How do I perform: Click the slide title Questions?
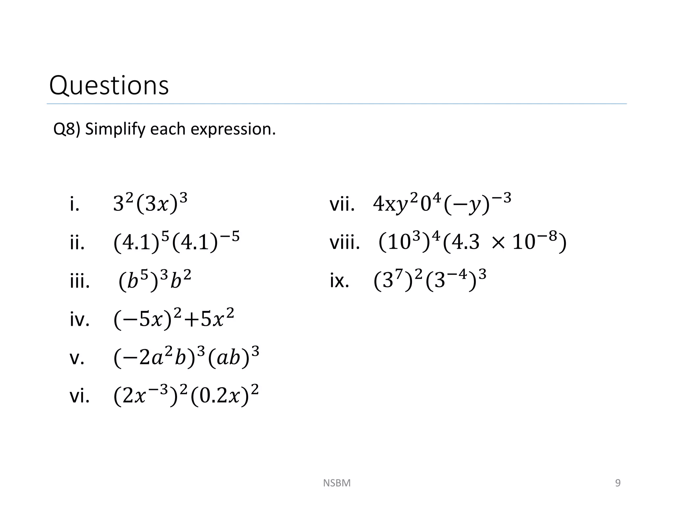pyautogui.click(x=109, y=85)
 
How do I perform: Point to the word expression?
pyautogui.click(x=233, y=129)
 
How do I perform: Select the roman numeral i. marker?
pyautogui.click(x=75, y=205)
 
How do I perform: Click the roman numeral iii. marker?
pyautogui.click(x=80, y=282)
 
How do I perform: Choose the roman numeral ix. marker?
pyautogui.click(x=339, y=281)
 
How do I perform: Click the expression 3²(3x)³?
pyautogui.click(x=150, y=204)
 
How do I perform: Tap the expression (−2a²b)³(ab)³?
pyautogui.click(x=186, y=358)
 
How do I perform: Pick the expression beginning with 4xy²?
pyautogui.click(x=442, y=204)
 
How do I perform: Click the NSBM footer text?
pyautogui.click(x=337, y=483)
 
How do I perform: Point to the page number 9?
pyautogui.click(x=618, y=483)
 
